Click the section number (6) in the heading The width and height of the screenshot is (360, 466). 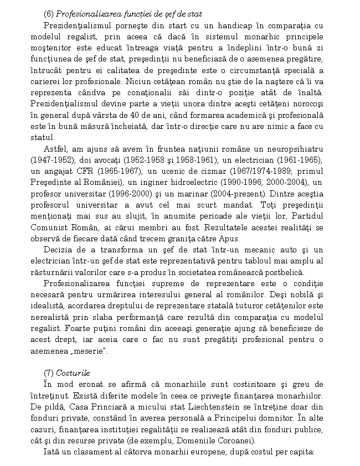pyautogui.click(x=49, y=13)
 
